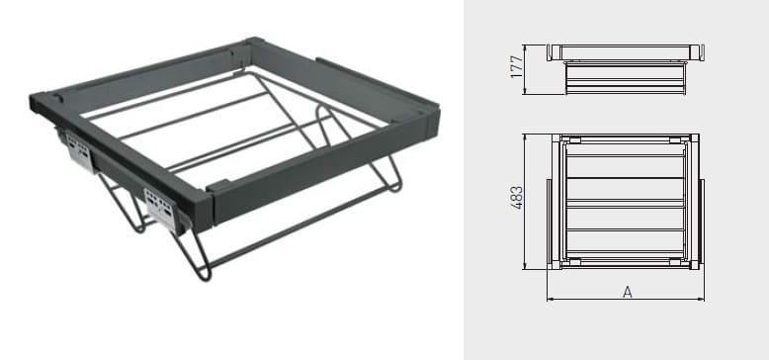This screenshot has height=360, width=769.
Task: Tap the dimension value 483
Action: coord(516,198)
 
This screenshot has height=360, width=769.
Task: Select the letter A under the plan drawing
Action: coord(628,292)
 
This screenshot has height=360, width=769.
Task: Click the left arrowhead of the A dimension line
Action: coord(550,299)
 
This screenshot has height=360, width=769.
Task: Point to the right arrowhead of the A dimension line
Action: coord(702,299)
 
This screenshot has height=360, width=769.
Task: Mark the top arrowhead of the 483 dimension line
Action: coord(525,136)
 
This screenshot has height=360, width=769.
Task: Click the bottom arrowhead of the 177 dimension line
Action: coord(525,91)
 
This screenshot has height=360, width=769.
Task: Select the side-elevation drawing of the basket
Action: coord(626,69)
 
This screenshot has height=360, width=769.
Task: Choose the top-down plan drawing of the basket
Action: coord(626,201)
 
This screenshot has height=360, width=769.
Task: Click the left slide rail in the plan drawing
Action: coord(550,224)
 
